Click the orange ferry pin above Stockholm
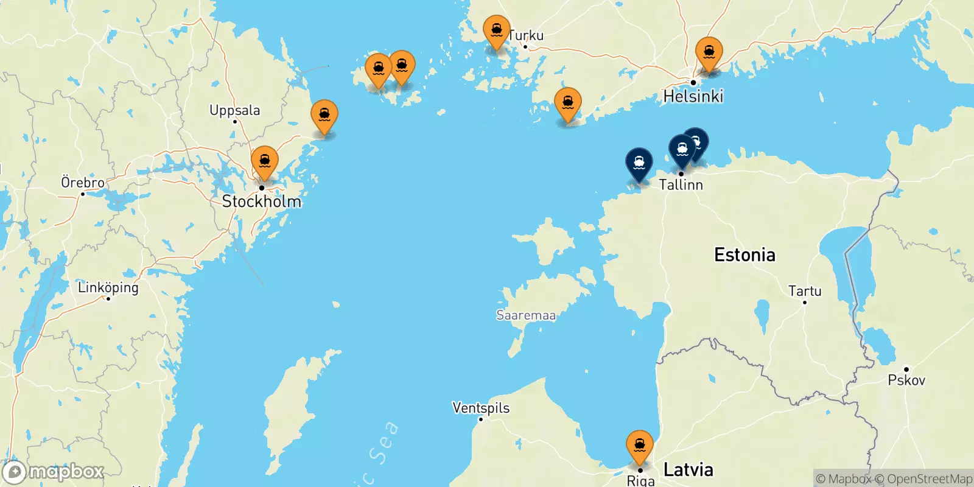[265, 162]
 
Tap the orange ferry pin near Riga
[640, 446]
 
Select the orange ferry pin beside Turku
[497, 30]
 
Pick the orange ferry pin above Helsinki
[709, 53]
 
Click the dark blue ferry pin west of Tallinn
[639, 164]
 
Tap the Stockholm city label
[262, 201]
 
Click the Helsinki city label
[693, 96]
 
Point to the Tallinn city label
[681, 184]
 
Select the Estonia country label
[745, 254]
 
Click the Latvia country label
[688, 469]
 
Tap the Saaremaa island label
[526, 315]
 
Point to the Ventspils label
[481, 408]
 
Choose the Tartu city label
[805, 291]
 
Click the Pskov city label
[906, 380]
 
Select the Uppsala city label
[234, 110]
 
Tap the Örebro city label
[83, 183]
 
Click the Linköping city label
[108, 287]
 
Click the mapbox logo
[54, 472]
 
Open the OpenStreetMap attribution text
[923, 479]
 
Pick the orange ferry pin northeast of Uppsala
[324, 116]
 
